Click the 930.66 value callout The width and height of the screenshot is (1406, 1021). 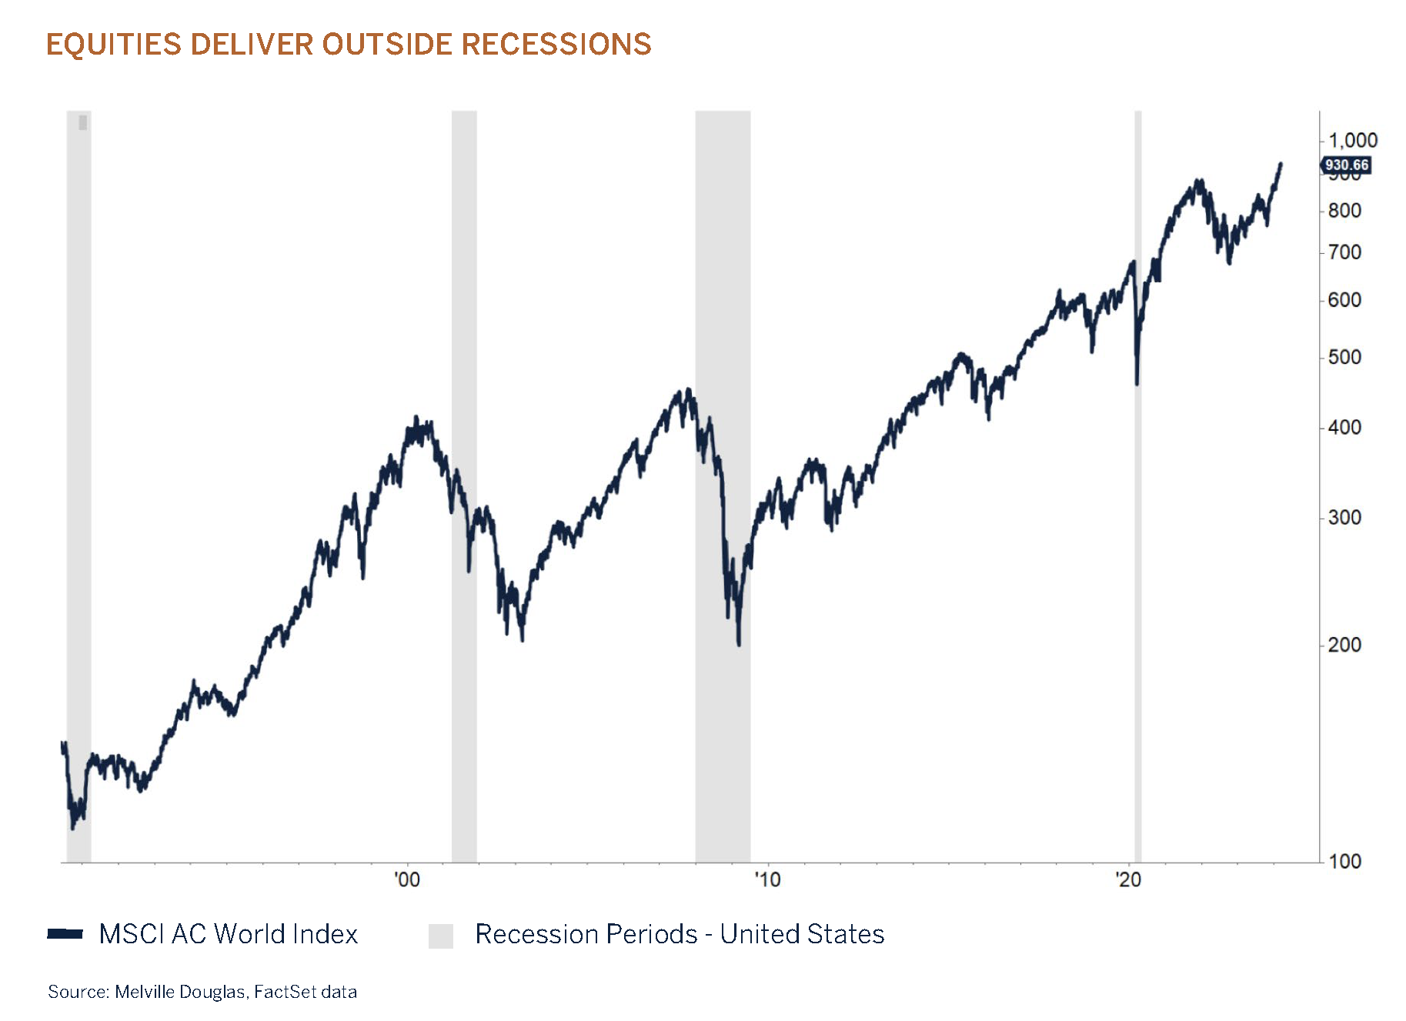pos(1346,165)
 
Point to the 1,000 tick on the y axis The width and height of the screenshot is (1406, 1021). pos(1352,140)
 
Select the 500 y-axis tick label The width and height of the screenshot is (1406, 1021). pos(1344,358)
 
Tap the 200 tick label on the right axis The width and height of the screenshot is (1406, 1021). pos(1344,645)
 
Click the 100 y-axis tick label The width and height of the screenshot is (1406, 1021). pos(1344,861)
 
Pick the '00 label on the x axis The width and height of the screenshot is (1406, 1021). pos(407,879)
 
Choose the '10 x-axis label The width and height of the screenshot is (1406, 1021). pos(767,879)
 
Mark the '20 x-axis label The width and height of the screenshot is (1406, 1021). pos(1128,879)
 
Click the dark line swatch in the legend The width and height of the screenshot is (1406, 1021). pos(65,933)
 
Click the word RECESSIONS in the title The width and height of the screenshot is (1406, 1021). pos(556,45)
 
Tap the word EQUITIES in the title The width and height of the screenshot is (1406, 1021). pos(114,45)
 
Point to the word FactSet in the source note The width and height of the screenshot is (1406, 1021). pos(285,992)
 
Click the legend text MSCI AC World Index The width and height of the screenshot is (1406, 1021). pos(229,933)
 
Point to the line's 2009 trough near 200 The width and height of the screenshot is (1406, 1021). pos(739,643)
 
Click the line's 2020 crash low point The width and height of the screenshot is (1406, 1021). pos(1137,383)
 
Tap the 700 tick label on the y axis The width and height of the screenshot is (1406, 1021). pos(1344,252)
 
